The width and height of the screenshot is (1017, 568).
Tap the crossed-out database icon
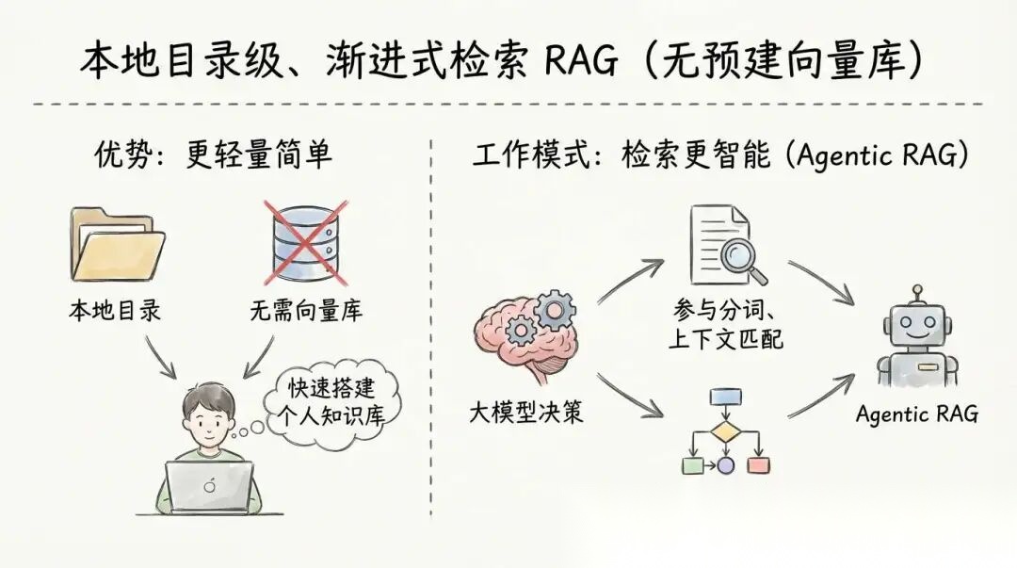(x=302, y=242)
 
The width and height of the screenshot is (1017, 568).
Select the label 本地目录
(x=115, y=310)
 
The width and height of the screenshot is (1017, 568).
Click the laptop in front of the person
(x=209, y=486)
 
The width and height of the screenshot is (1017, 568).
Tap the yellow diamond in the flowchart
(x=725, y=432)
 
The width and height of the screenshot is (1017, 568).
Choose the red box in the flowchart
(x=756, y=463)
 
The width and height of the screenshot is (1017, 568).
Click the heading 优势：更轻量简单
(x=213, y=154)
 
